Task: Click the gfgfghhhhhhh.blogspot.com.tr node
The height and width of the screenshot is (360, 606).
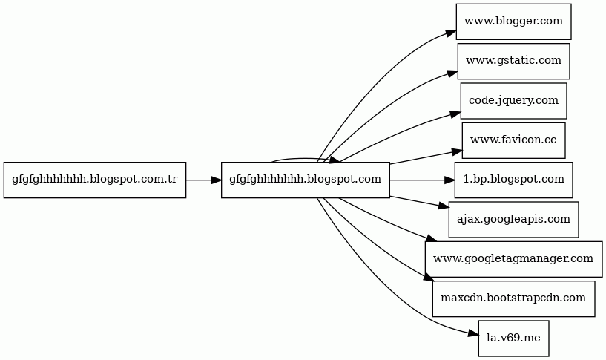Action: coord(95,180)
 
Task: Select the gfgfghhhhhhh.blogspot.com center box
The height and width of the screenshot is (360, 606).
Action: coord(306,180)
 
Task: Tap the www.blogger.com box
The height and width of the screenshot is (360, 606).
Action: coord(513,22)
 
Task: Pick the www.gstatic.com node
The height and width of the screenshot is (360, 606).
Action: coord(513,61)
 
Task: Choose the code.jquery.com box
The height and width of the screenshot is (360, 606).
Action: coord(513,101)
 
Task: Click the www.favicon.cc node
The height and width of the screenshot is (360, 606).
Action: coord(513,140)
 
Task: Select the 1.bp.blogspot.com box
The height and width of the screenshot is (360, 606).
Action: coord(513,180)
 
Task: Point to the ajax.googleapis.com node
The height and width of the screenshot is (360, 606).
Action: coord(513,220)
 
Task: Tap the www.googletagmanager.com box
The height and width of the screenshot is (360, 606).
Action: coord(513,259)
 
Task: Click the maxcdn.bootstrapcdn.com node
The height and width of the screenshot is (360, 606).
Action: coord(513,299)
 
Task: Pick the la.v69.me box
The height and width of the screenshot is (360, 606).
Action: coord(513,338)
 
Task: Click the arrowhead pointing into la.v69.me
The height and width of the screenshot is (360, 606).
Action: coord(474,334)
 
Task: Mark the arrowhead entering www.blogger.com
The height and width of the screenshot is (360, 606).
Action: coord(452,33)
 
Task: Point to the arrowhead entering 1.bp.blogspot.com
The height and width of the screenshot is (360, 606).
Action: coord(449,180)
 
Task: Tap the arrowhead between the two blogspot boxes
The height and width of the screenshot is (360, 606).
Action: coord(217,180)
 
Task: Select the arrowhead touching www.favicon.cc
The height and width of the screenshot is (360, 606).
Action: coord(457,152)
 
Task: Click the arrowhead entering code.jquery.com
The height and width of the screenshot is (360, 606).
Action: coord(455,114)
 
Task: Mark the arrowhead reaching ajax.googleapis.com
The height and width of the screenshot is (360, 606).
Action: coord(444,206)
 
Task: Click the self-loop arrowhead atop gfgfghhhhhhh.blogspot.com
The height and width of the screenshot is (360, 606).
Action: coord(335,160)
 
